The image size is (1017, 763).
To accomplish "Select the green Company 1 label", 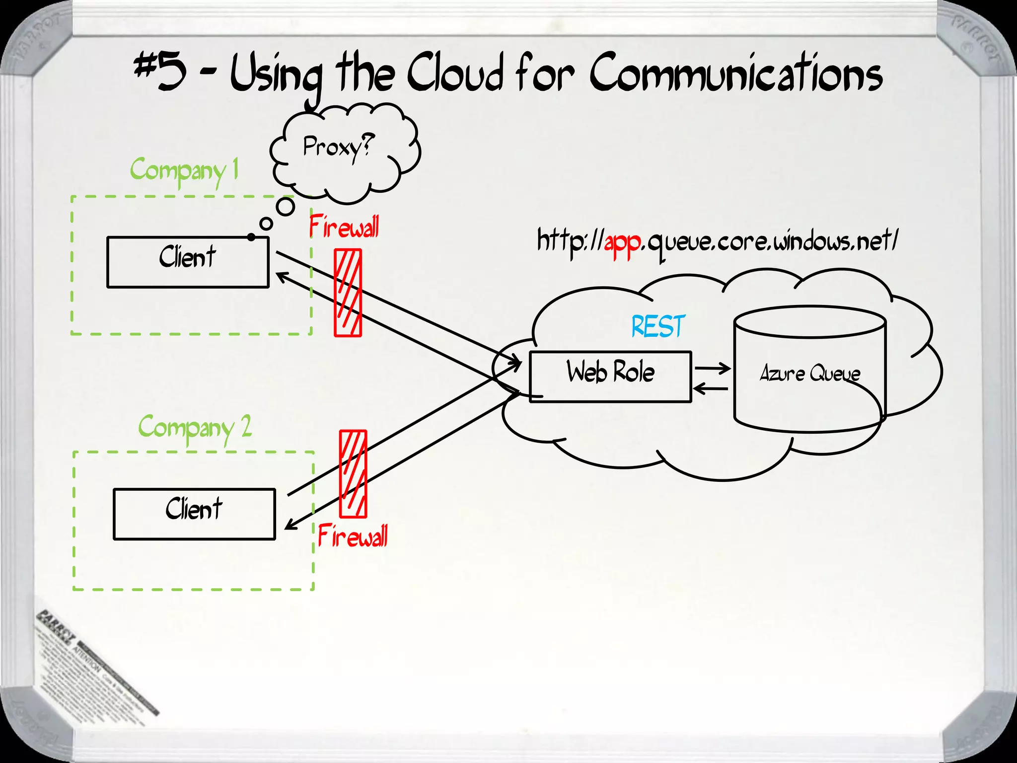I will coord(184,170).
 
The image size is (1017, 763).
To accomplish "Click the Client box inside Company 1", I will coord(188,262).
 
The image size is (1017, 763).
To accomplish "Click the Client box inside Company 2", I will coord(194,514).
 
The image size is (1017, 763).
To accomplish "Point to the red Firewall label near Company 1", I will coord(344,228).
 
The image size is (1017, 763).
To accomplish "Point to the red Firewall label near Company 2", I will coord(353,536).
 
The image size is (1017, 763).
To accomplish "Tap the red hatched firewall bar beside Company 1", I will coord(348,293).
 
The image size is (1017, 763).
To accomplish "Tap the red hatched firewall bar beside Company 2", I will coord(353,474).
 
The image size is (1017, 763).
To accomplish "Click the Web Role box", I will coord(610,377).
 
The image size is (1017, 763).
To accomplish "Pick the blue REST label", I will coord(658,326).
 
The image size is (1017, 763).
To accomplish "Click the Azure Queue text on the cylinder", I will coord(809,374).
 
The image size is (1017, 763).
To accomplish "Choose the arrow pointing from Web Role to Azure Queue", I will coord(712,369).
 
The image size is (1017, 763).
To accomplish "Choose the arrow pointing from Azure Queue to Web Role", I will coord(711,388).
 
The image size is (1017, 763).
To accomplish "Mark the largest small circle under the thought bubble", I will coord(286,206).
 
